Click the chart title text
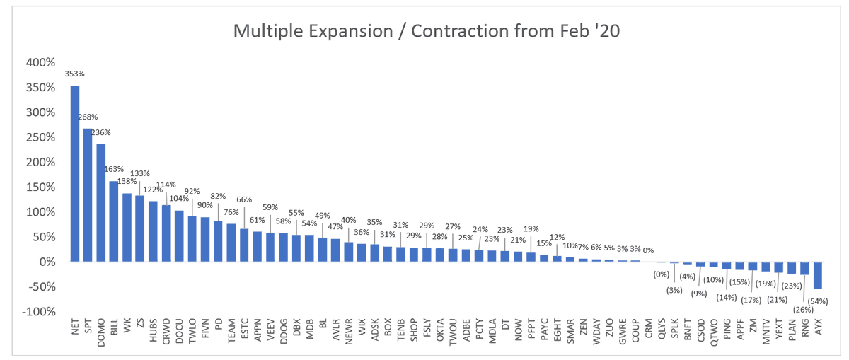tap(426, 31)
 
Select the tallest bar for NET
tap(75, 173)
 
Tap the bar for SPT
tap(88, 194)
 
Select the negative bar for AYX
tap(819, 275)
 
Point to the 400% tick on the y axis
tap(40, 62)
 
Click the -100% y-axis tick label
tap(39, 312)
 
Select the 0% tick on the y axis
tap(46, 262)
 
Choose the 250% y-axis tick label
tap(40, 137)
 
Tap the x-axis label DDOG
tap(284, 332)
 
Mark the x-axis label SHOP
tap(414, 332)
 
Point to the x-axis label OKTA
tap(440, 332)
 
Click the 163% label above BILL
tap(114, 169)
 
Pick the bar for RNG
tap(805, 268)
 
